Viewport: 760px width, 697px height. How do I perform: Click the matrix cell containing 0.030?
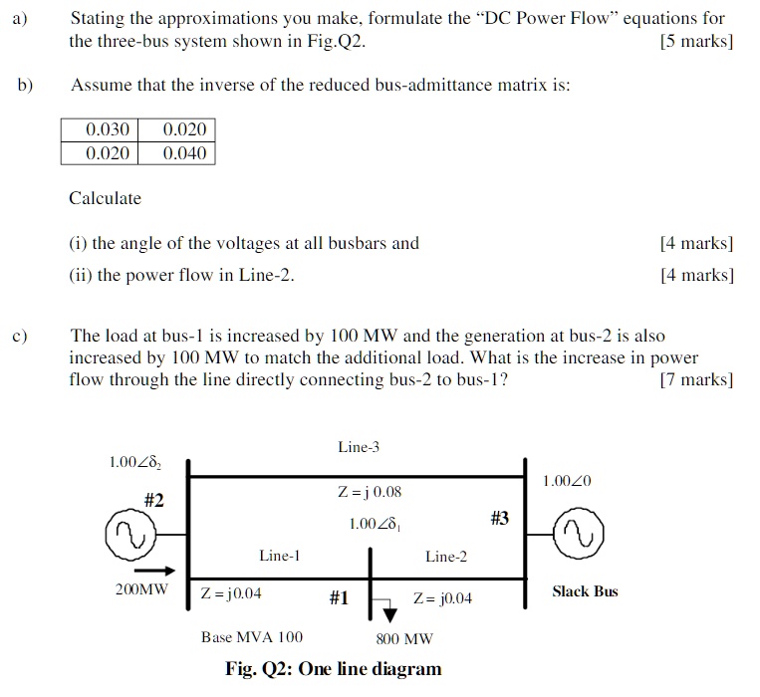(100, 130)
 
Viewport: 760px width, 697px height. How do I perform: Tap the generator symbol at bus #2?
(129, 538)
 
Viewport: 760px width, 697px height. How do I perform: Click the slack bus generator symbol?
(578, 538)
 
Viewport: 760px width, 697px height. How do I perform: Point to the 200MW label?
(141, 589)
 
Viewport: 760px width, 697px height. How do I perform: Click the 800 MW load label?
(404, 639)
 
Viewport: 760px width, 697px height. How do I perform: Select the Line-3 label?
(359, 447)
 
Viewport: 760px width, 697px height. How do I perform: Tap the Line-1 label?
(279, 556)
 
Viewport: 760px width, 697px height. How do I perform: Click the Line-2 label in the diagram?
(445, 557)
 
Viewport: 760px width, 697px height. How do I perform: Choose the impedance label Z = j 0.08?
(370, 492)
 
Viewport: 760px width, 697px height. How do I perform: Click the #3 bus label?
(499, 518)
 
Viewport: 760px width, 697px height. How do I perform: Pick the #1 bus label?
(339, 597)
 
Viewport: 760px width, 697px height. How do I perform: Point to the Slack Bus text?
(585, 591)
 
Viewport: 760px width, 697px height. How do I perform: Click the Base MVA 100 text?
(252, 637)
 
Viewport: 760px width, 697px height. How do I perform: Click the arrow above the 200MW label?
(154, 571)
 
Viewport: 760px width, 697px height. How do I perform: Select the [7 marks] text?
(696, 379)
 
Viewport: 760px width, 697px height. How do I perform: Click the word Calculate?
(105, 198)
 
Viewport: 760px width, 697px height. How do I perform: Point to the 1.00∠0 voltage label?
(567, 482)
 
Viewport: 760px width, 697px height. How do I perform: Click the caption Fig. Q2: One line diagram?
(333, 668)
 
